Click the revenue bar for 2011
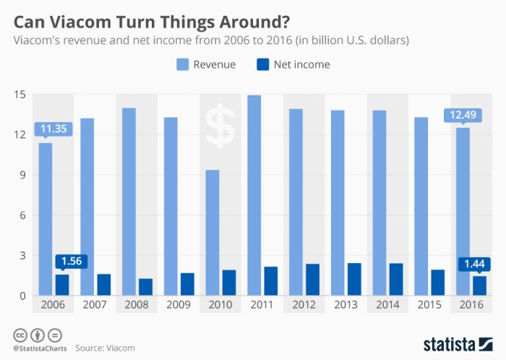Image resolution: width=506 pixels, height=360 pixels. coord(254,195)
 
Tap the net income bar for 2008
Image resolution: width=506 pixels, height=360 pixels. coord(146,287)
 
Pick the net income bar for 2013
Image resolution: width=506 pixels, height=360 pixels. coord(354,279)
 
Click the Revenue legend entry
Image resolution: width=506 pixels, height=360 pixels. coord(206,64)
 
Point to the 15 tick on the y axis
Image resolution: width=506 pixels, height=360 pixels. coord(20,95)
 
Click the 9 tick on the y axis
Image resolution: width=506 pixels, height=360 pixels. coord(23,175)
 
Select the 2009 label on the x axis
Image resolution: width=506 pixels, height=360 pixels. coord(179,305)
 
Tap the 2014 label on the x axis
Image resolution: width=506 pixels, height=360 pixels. coord(387,305)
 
